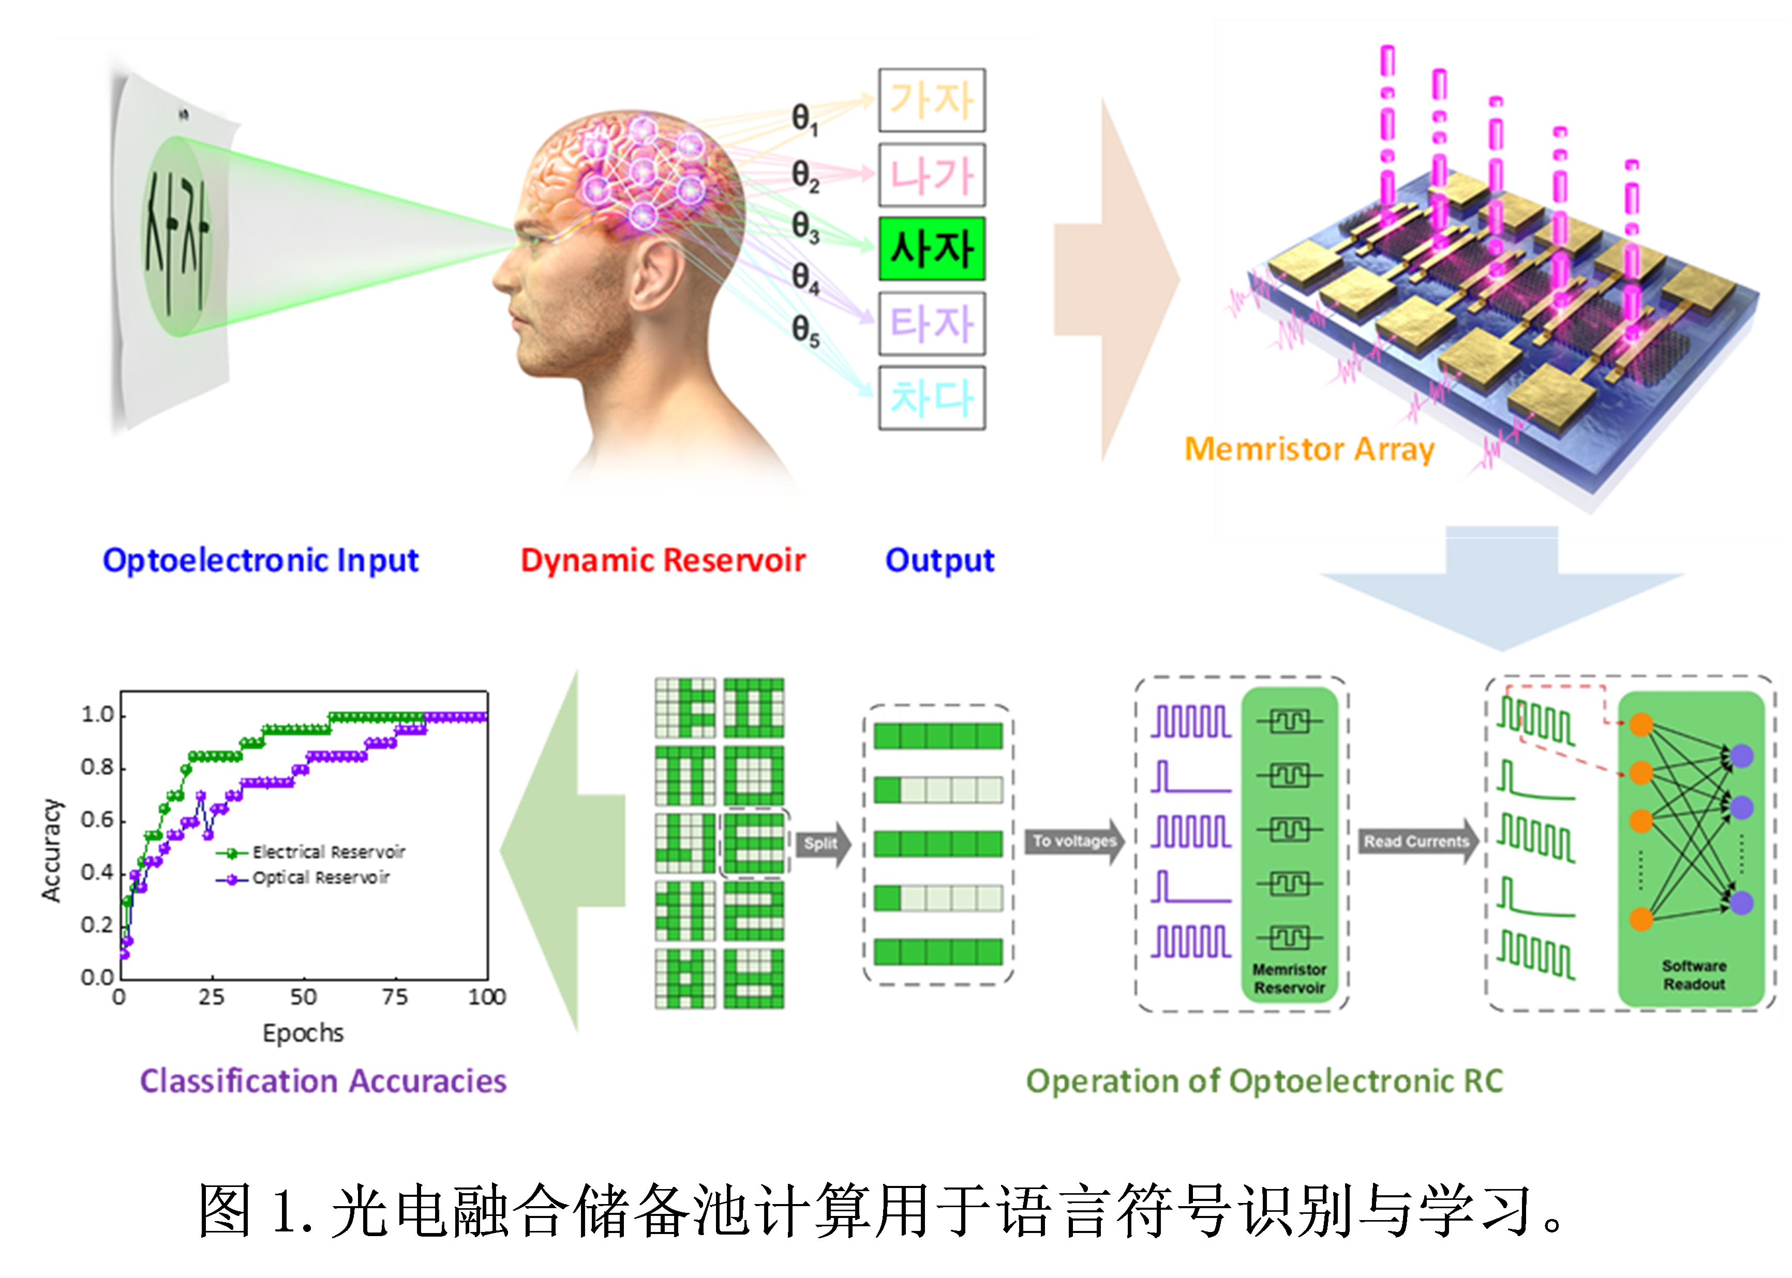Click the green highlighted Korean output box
(x=932, y=249)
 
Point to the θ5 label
(x=805, y=330)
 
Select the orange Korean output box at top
(x=932, y=100)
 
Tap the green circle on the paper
(x=176, y=236)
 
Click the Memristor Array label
(x=1309, y=449)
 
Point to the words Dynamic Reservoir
(x=663, y=560)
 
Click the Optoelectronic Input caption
(x=261, y=560)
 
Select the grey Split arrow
(x=823, y=844)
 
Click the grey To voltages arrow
(x=1075, y=841)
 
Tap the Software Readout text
(x=1694, y=975)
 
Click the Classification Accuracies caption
(x=323, y=1081)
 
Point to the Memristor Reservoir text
(x=1289, y=978)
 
